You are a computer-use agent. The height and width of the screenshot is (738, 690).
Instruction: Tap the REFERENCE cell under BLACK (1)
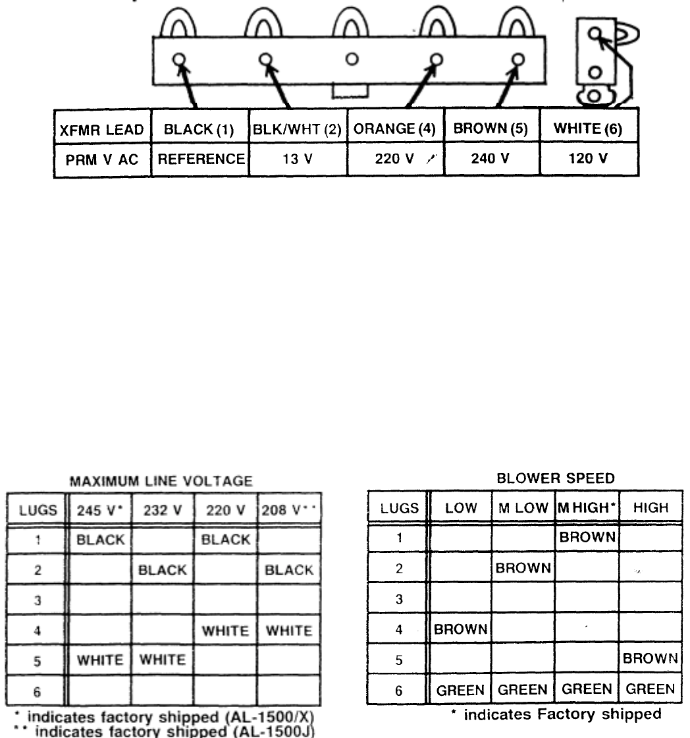click(198, 160)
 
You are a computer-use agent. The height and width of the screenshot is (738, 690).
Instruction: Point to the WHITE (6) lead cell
click(588, 130)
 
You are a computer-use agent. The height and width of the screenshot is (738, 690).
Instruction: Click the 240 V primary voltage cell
click(491, 160)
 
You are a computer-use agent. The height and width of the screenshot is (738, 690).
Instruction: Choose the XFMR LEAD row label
click(101, 130)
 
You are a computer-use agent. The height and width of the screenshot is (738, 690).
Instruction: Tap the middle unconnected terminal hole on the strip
click(352, 59)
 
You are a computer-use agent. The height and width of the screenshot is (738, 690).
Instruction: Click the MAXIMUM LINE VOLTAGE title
click(162, 482)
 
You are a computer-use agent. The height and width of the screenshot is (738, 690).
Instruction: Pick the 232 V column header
click(163, 508)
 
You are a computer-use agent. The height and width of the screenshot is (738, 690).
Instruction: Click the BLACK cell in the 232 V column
click(163, 570)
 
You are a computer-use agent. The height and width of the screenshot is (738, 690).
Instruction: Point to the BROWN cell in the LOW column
click(462, 629)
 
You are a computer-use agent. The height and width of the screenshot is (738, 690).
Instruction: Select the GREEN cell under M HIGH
click(586, 689)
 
